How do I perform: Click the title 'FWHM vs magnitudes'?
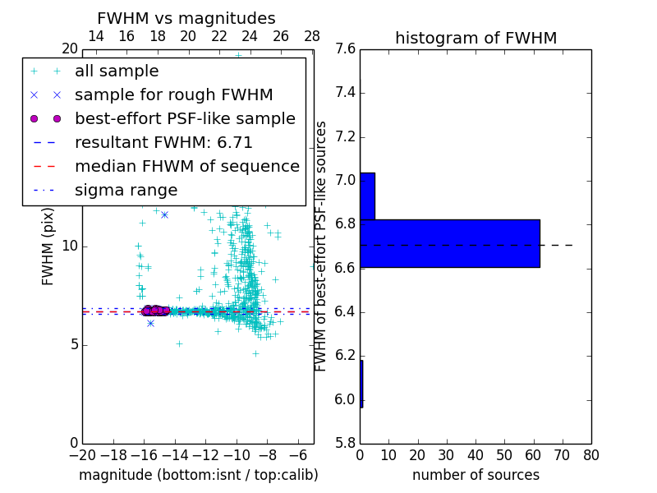click(x=186, y=19)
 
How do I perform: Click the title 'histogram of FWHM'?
click(x=476, y=39)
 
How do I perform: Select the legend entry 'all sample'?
click(x=117, y=71)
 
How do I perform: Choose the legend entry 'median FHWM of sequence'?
click(x=186, y=167)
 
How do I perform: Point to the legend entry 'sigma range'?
click(x=126, y=191)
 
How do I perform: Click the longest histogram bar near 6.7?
click(x=449, y=243)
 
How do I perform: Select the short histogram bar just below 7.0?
click(x=367, y=196)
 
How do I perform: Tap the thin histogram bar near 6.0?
click(x=361, y=384)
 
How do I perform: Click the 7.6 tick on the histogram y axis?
click(x=345, y=49)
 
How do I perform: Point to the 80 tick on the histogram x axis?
click(x=591, y=454)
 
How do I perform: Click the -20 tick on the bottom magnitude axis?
click(x=82, y=454)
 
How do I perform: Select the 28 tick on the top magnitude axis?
click(x=312, y=36)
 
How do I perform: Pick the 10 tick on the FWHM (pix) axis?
click(x=70, y=246)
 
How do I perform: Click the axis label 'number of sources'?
click(x=476, y=475)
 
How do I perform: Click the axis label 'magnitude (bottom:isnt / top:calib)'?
click(x=198, y=475)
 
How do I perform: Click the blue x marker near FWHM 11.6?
click(x=164, y=214)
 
